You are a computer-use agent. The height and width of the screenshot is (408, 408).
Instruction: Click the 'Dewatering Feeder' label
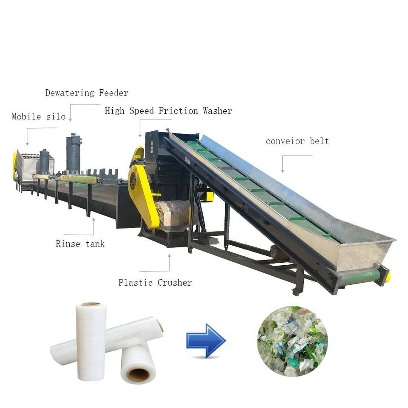tap(87, 93)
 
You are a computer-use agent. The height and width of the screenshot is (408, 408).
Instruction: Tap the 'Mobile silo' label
tap(39, 116)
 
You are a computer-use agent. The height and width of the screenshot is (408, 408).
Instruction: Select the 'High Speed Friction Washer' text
tap(168, 111)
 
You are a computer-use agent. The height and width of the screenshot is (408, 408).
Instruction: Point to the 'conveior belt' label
tap(297, 141)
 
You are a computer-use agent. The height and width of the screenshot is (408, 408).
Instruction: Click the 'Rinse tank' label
tap(80, 244)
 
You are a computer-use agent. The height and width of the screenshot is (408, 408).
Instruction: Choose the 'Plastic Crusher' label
tap(155, 282)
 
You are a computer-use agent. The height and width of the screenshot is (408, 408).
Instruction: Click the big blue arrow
tap(206, 340)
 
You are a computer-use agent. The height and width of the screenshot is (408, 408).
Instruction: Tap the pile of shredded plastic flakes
tap(292, 341)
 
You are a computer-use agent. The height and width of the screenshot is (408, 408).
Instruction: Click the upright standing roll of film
tap(91, 340)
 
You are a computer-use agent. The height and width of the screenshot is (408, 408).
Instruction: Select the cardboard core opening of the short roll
tap(139, 374)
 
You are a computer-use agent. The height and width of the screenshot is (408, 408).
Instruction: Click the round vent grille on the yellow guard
tap(133, 181)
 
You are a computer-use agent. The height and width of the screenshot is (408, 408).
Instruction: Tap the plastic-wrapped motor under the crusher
tap(174, 216)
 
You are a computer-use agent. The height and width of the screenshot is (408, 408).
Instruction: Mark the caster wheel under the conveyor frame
tap(296, 292)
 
